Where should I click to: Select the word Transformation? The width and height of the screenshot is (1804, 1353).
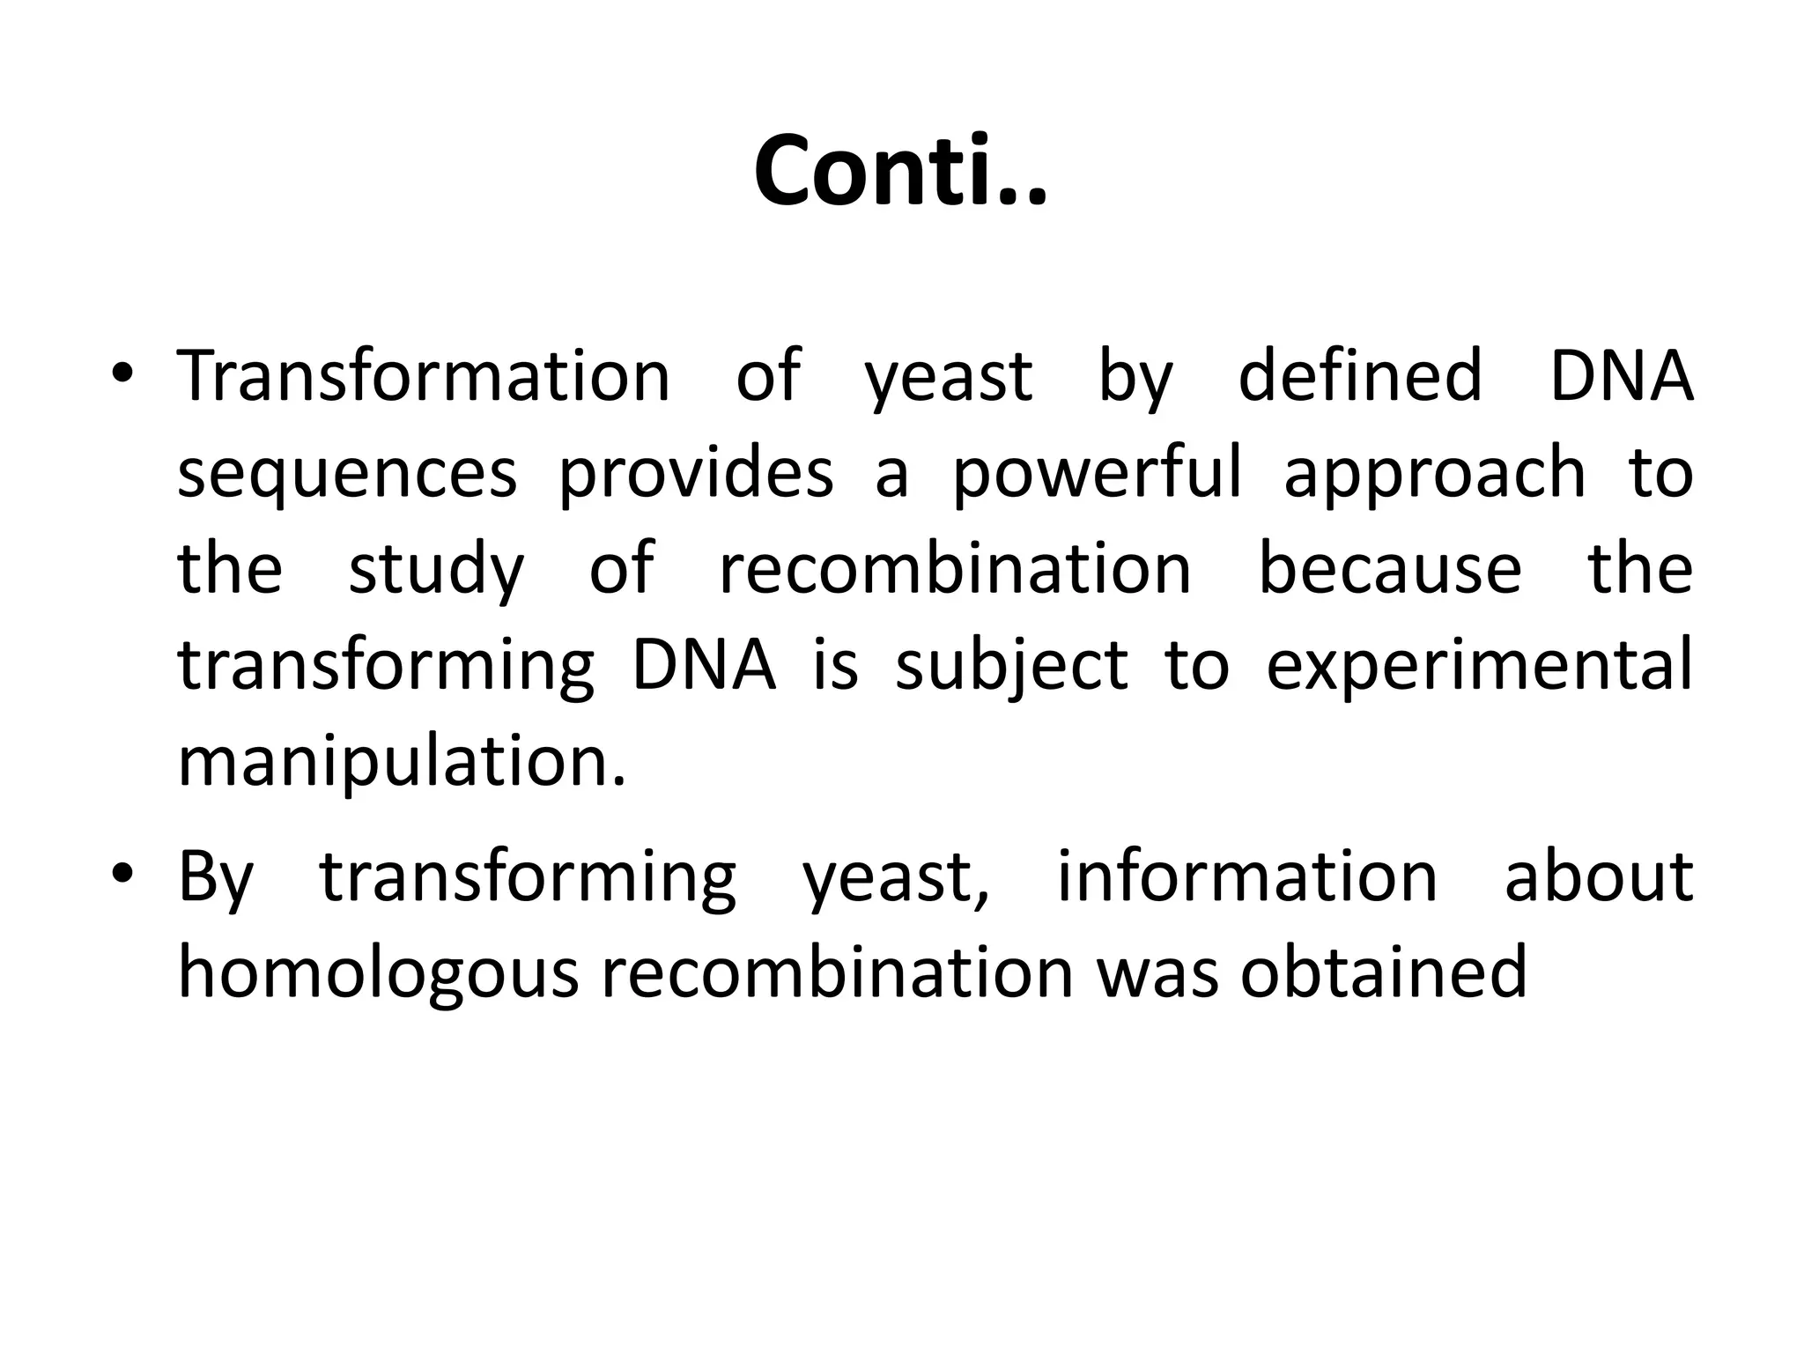(x=424, y=376)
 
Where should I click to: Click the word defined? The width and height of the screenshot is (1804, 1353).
(x=1360, y=376)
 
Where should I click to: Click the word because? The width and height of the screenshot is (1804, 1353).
(x=1390, y=568)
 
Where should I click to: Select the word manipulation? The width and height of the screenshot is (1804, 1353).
(x=402, y=763)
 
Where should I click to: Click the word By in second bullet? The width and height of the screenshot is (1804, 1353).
(x=216, y=879)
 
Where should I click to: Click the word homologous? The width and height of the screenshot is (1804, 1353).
(x=378, y=974)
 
